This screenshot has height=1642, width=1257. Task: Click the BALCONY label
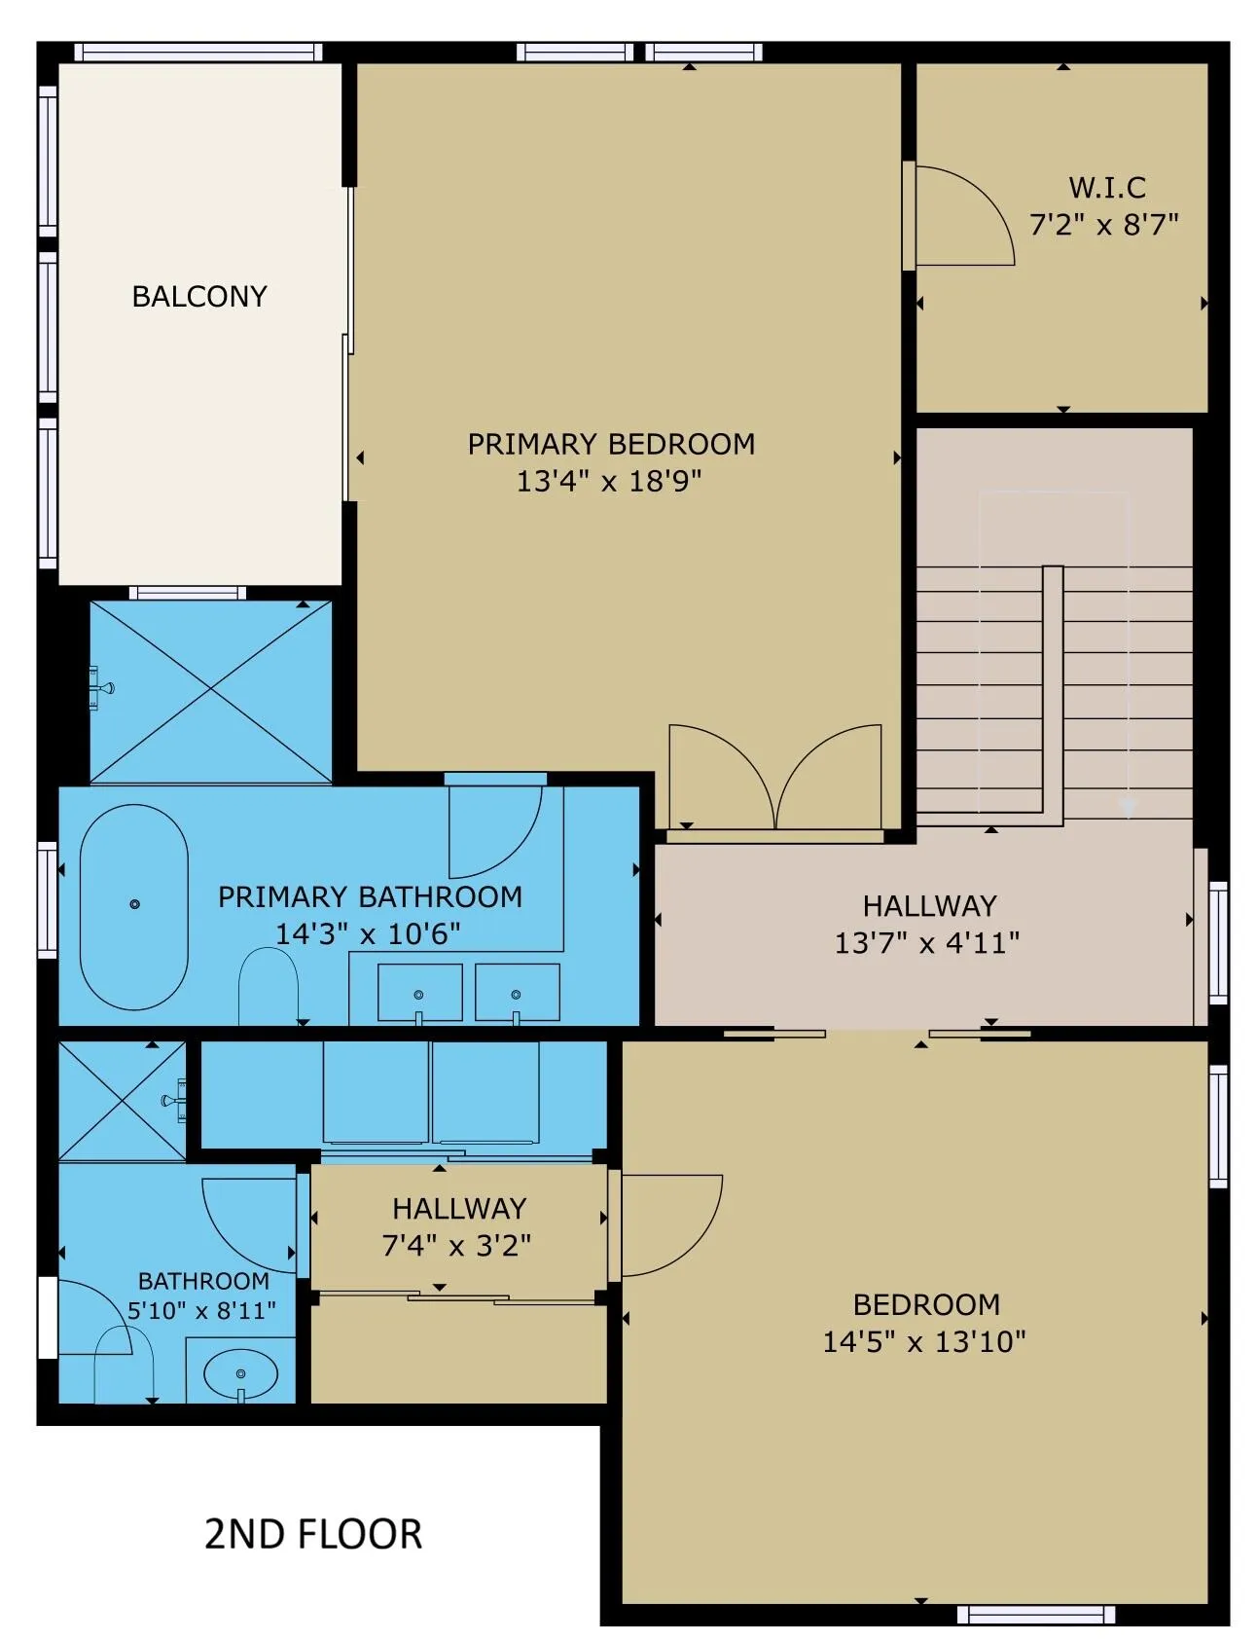[x=199, y=296]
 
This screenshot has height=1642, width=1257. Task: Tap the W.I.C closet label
[x=1107, y=187]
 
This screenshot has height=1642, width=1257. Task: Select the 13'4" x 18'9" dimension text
[x=609, y=481]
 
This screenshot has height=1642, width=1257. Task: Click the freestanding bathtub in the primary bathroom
[x=134, y=907]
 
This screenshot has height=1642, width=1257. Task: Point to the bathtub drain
[x=134, y=904]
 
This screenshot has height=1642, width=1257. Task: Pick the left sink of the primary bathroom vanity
[x=419, y=993]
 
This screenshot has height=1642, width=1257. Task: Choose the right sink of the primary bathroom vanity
[x=517, y=993]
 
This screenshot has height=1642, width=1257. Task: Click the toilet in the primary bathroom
[x=269, y=985]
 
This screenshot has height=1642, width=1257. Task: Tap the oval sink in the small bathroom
[x=240, y=1373]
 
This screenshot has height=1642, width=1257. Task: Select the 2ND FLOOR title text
[x=313, y=1534]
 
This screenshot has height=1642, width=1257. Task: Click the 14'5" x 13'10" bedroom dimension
[x=924, y=1341]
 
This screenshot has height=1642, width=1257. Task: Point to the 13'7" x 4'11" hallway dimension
[x=927, y=942]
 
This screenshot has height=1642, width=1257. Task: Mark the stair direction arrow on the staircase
[x=1129, y=807]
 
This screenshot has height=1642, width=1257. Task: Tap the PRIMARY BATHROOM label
[x=370, y=896]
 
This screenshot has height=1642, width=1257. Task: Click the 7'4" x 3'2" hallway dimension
[x=457, y=1245]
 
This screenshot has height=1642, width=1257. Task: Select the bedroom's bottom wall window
[x=1036, y=1615]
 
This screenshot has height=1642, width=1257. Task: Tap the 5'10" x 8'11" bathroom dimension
[x=201, y=1310]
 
